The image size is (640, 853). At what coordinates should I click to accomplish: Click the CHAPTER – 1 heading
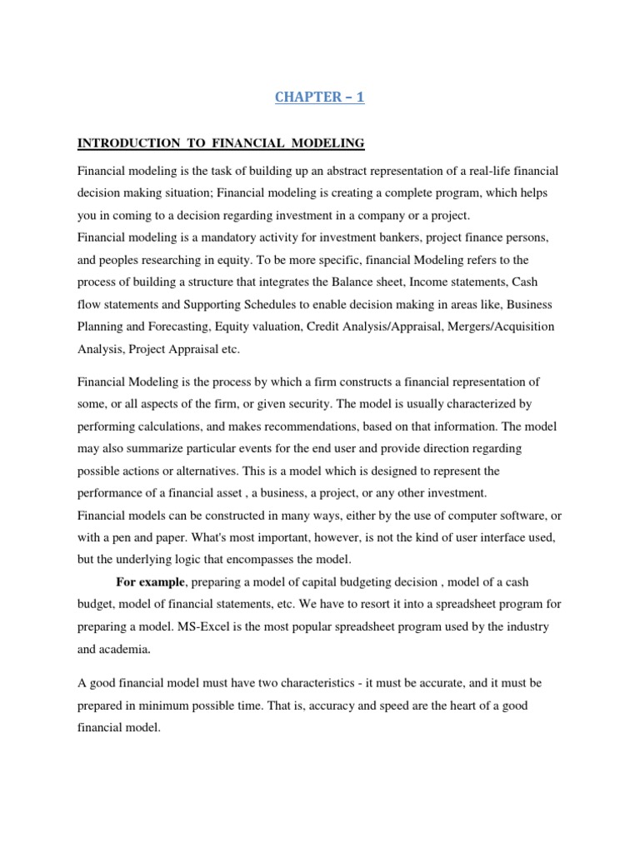point(319,97)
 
